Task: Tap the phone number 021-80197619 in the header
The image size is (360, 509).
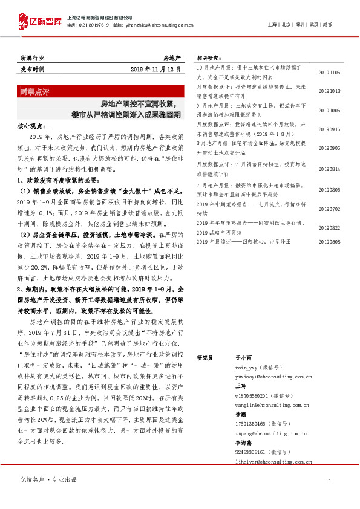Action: coord(95,25)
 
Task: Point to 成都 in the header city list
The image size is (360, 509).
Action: coord(327,25)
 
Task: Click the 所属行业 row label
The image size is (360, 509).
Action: coord(32,58)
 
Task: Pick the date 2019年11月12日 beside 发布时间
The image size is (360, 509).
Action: coord(155,70)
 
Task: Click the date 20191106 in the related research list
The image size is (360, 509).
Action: coord(329,72)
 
